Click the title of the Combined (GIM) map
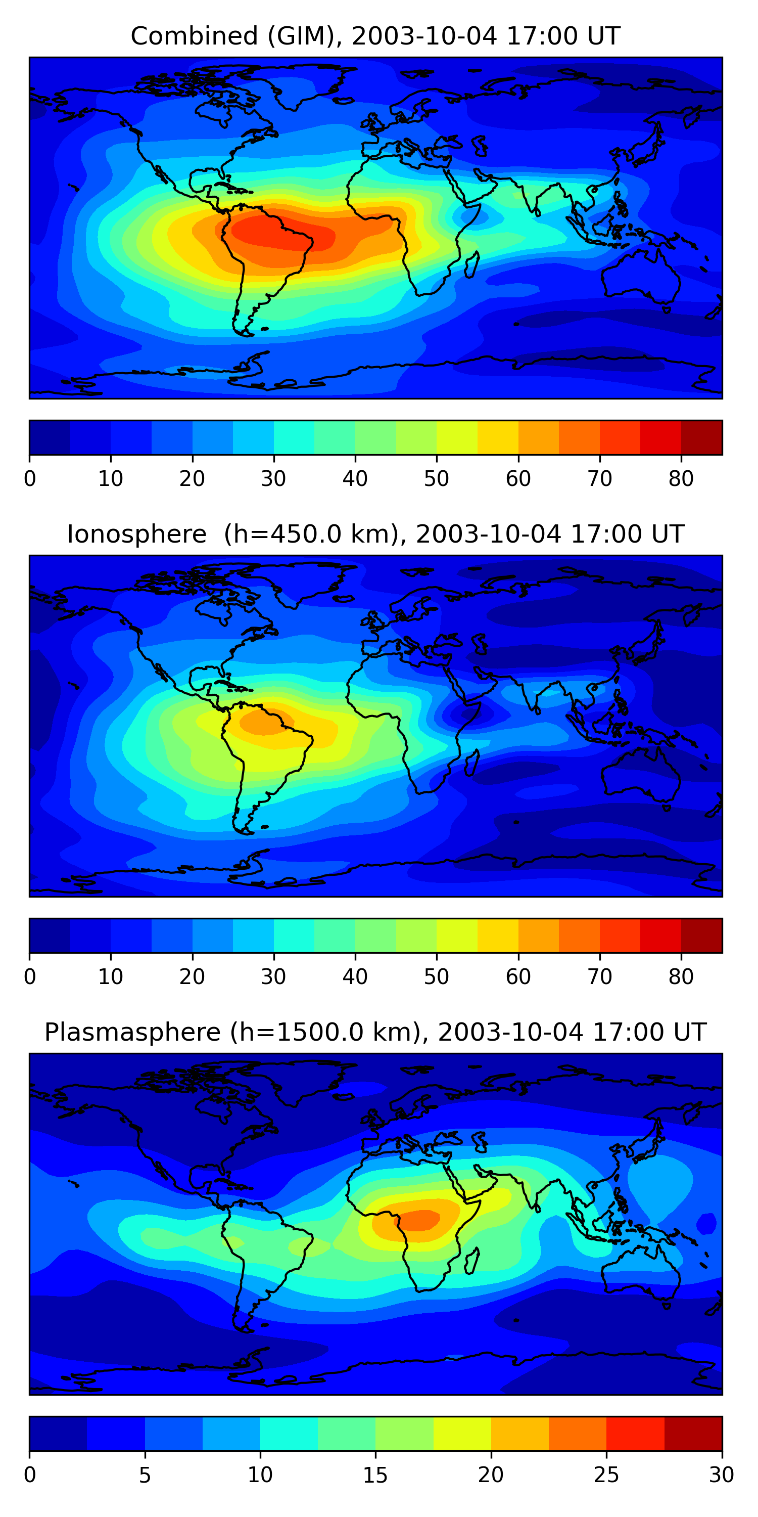[375, 36]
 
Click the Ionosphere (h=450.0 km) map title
[375, 534]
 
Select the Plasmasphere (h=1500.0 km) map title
[375, 1033]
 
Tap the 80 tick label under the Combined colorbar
[680, 479]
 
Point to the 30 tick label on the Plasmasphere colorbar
[721, 1475]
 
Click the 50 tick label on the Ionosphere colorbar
[436, 976]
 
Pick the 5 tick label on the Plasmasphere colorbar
[145, 1475]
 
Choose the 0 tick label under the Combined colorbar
[30, 479]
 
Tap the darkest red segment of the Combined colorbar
[701, 437]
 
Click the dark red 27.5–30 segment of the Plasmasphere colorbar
[693, 1434]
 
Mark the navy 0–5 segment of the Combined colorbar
[50, 437]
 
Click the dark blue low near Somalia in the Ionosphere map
[468, 715]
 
